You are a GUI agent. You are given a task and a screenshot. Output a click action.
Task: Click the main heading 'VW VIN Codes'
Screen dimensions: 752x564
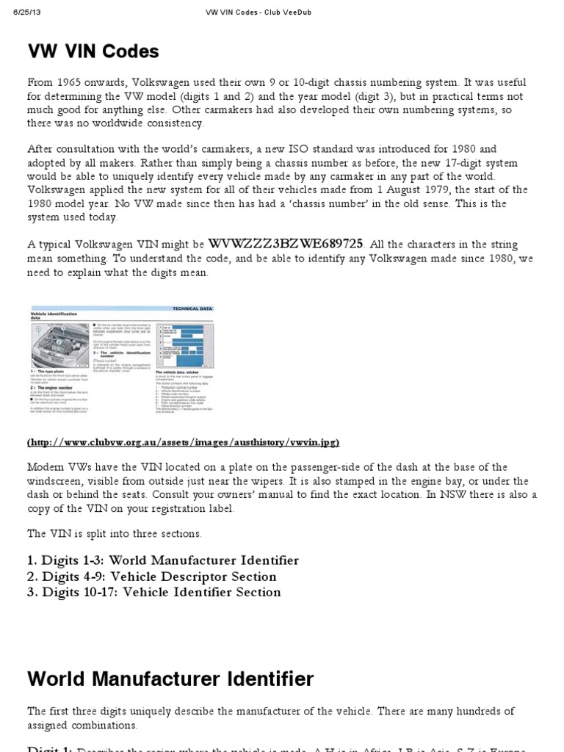click(93, 51)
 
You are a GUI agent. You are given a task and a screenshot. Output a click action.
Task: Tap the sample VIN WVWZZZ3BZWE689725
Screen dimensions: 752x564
click(286, 243)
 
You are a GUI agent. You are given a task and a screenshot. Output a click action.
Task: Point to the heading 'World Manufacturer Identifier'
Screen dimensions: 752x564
click(170, 679)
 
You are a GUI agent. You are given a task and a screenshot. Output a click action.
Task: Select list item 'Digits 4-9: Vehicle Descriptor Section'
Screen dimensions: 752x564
click(152, 576)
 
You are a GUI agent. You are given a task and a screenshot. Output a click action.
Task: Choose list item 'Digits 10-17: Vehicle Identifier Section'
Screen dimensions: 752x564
click(154, 592)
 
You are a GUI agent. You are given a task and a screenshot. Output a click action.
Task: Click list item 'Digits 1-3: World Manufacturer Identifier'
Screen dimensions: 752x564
click(163, 560)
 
